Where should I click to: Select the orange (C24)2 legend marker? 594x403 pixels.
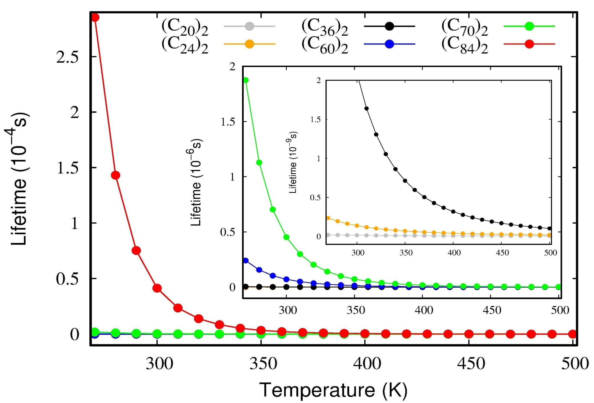[249, 44]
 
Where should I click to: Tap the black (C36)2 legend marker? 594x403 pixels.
[389, 26]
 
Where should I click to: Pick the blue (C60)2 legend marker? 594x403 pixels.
[389, 44]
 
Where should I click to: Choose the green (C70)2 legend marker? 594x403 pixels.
[529, 26]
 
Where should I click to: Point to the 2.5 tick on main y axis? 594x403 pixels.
[68, 57]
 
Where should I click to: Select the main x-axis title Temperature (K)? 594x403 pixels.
[333, 390]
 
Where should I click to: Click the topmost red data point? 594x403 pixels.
[95, 17]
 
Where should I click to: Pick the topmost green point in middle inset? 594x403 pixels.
[246, 80]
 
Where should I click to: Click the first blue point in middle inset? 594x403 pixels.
[246, 261]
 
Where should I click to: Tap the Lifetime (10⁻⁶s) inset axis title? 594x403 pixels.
[196, 183]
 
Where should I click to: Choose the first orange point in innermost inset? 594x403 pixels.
[328, 218]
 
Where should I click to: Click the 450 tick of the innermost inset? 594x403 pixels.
[502, 253]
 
